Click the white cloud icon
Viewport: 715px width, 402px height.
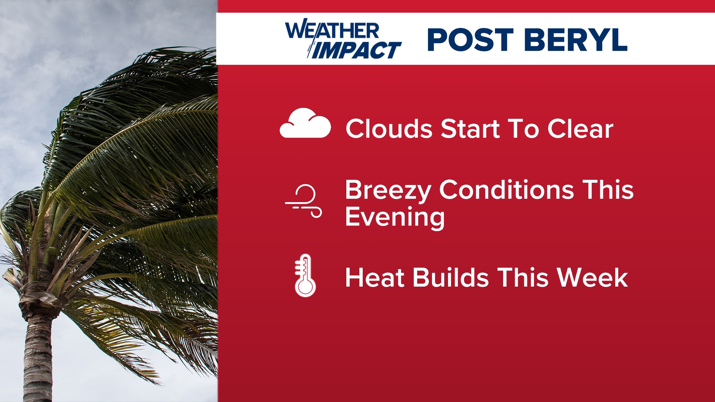click(305, 124)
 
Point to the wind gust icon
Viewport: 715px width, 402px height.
click(304, 201)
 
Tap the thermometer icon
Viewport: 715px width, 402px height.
click(305, 275)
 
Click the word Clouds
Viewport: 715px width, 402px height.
click(389, 129)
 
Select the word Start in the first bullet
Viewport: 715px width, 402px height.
click(470, 129)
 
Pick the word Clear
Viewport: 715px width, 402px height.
click(580, 129)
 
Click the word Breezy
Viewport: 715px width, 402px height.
click(388, 191)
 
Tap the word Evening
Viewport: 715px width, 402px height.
click(395, 217)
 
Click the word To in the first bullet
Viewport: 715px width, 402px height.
click(524, 129)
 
